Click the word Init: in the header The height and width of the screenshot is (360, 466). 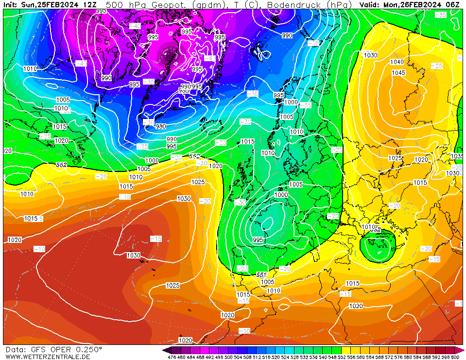click(x=11, y=4)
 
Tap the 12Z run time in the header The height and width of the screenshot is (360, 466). click(x=89, y=4)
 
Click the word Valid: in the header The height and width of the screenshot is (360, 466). click(x=370, y=4)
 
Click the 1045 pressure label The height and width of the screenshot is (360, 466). click(x=398, y=73)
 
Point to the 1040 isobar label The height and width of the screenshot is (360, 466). click(x=397, y=62)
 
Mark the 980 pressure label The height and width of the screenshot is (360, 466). click(x=160, y=127)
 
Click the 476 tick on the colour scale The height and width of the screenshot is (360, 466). click(x=171, y=357)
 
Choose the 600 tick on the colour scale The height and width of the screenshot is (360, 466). click(x=455, y=357)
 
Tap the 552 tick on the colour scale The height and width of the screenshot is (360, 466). click(x=343, y=357)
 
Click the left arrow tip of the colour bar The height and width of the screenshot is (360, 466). click(x=165, y=350)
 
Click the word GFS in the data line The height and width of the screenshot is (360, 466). click(x=38, y=349)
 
